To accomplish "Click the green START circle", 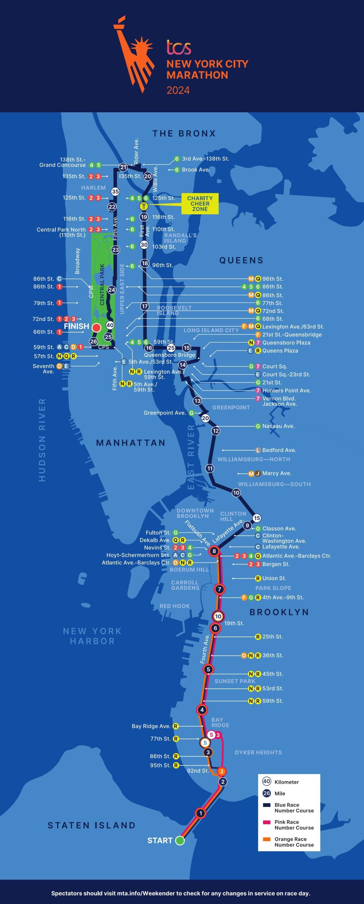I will coord(180,840).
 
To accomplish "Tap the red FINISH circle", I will coord(96,328).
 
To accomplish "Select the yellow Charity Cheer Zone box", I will coord(200,204).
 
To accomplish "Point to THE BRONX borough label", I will coord(184,133).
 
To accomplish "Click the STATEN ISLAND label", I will coord(92,825).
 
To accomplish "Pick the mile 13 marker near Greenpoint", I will coord(197,401).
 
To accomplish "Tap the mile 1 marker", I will coord(201,813).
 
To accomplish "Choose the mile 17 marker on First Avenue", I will coord(145,306).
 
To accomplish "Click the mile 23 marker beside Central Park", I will coord(116,250).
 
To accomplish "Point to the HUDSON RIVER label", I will coord(42,440).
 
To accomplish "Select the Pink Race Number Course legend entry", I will coord(290,825).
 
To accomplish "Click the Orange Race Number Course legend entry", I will coord(290,842).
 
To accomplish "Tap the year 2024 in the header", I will coord(178,90).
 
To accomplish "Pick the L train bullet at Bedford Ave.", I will coord(258,450).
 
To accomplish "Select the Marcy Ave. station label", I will coord(277,473).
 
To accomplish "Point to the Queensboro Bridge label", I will coord(170,355).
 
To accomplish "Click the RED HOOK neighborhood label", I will coord(175,606).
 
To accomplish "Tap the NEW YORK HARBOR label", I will coord(92,636).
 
